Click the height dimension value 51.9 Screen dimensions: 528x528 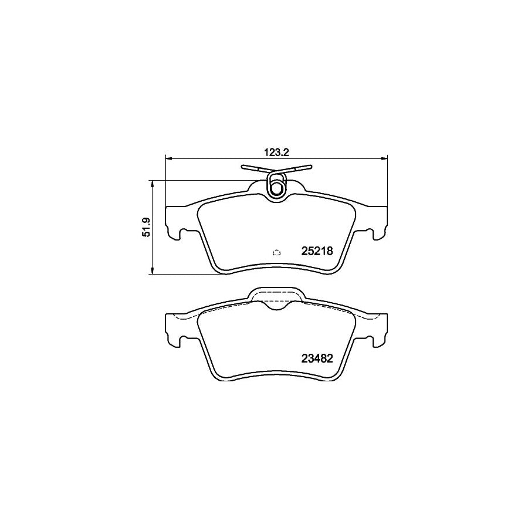click(147, 226)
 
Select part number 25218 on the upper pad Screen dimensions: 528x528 click(317, 251)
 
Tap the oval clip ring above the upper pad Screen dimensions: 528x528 click(276, 186)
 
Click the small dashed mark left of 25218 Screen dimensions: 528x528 click(277, 253)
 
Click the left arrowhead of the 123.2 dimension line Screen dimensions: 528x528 click(169, 157)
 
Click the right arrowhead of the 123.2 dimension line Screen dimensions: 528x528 click(385, 157)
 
